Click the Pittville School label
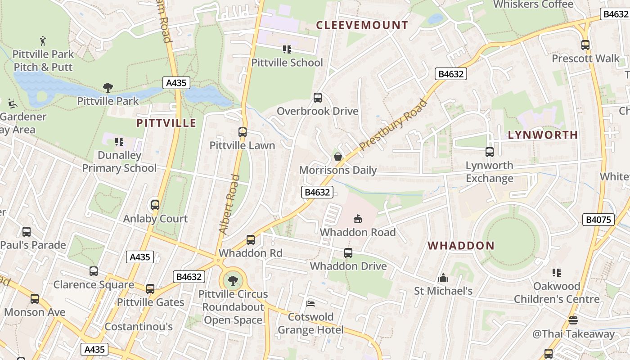point(287,63)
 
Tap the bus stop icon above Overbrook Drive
point(317,98)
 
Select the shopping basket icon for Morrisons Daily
point(337,157)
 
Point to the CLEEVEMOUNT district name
point(362,25)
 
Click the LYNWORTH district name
point(543,135)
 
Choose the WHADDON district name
point(461,246)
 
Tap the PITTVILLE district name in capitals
point(166,123)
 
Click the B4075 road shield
point(598,220)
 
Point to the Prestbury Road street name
point(393,125)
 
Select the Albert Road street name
point(229,204)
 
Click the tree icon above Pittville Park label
point(108,87)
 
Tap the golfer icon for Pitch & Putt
point(43,41)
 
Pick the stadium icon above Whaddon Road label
point(357,219)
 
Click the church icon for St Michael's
point(443,278)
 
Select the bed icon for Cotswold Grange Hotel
point(310,304)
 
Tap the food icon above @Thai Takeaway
point(573,320)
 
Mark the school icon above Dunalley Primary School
point(119,142)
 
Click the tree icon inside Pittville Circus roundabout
point(233,281)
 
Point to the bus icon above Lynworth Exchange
point(489,152)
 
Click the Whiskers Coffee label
point(533,4)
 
